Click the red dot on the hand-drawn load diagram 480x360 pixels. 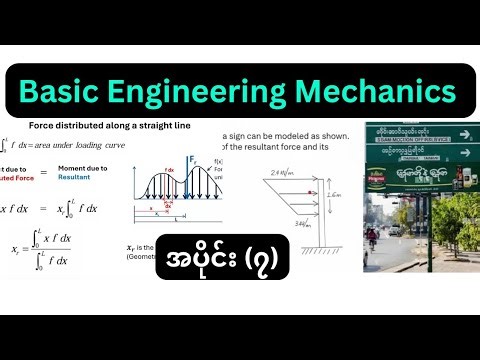[x=314, y=192]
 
